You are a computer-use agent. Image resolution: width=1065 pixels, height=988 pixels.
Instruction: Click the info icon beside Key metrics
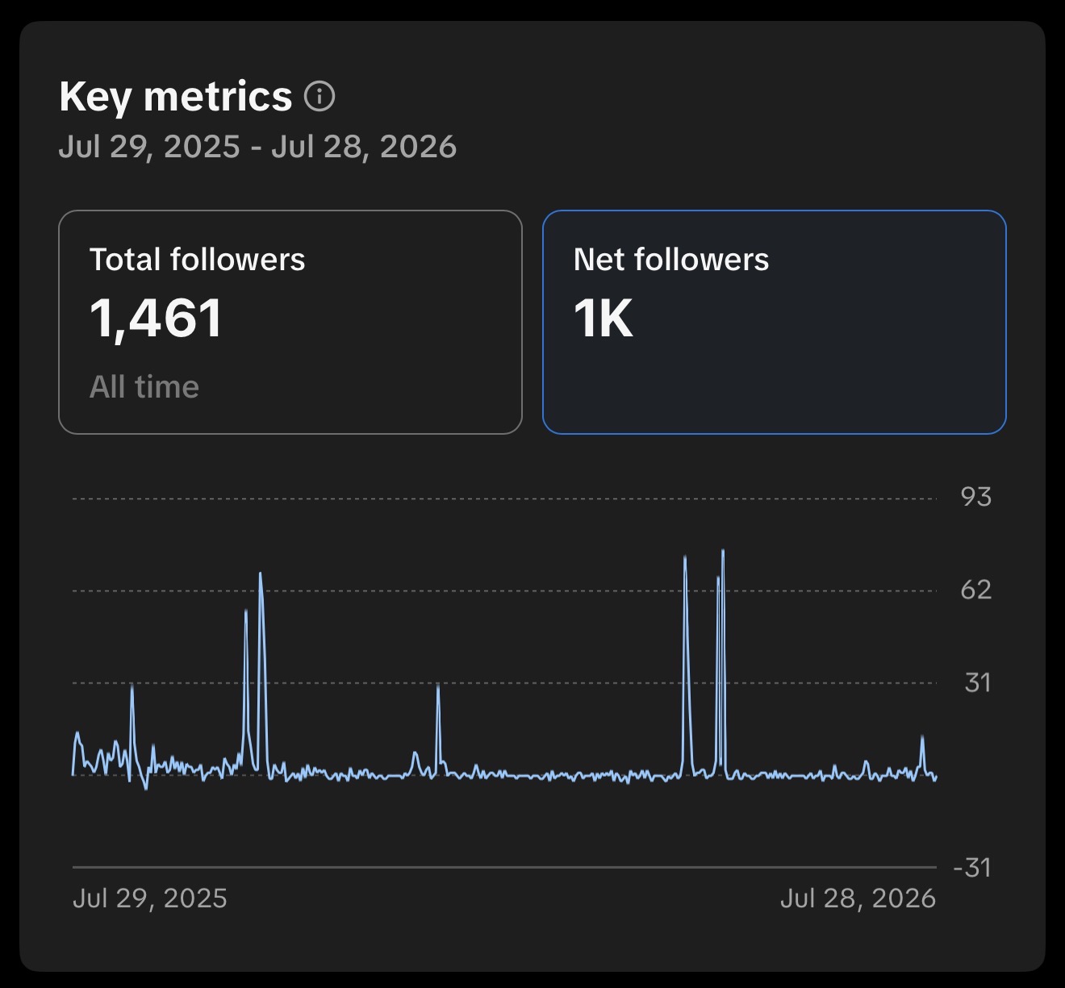319,97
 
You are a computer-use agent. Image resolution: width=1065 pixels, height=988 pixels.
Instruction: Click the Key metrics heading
175,97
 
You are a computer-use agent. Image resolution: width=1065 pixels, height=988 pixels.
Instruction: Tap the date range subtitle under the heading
257,146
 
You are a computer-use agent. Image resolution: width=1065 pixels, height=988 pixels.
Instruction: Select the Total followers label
197,260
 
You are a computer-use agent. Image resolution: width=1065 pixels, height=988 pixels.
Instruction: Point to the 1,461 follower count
156,318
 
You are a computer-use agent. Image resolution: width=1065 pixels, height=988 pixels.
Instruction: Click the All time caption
144,386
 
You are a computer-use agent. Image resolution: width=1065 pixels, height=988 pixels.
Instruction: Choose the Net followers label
670,260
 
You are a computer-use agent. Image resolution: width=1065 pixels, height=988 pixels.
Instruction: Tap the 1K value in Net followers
603,318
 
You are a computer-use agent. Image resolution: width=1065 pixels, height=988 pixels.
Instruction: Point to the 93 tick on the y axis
976,497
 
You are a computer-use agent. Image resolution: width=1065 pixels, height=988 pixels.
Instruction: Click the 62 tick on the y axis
976,590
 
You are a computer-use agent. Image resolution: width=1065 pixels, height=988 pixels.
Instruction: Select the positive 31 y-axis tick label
977,682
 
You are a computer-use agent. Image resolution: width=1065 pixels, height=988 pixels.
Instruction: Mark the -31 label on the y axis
971,867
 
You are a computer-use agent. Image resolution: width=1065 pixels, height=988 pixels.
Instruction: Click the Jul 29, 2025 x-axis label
149,898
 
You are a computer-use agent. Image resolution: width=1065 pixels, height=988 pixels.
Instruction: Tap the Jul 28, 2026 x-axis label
858,898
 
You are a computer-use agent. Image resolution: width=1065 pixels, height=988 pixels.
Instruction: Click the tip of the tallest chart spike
723,550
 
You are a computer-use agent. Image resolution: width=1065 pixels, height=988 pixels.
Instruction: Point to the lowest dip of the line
146,789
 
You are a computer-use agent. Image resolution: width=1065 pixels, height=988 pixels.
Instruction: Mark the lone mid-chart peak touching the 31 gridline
438,685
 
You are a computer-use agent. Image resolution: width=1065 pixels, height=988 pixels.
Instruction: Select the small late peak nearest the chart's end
922,736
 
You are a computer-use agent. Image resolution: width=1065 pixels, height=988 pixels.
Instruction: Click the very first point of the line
73,774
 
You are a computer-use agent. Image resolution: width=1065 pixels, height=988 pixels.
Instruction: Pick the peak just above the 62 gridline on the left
261,573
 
